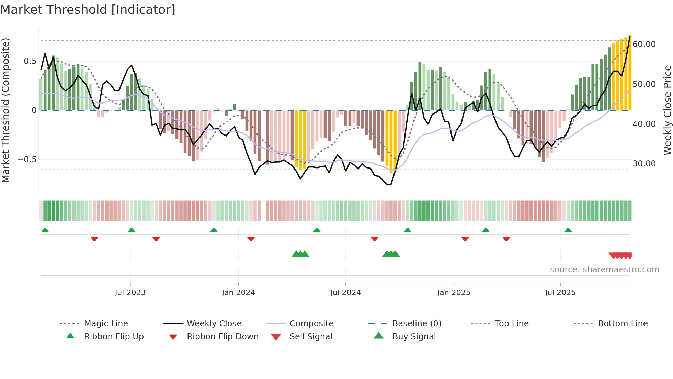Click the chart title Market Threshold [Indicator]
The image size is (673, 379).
tap(88, 10)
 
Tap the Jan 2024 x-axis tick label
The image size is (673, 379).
tap(238, 293)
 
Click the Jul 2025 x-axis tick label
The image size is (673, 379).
tap(560, 293)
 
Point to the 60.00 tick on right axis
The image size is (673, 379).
tap(644, 44)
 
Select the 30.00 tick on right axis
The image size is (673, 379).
tap(644, 164)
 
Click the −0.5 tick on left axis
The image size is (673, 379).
tap(27, 160)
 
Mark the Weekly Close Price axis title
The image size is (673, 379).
tap(667, 110)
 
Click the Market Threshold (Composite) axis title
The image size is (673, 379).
tap(5, 110)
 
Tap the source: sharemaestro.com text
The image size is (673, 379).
tap(604, 270)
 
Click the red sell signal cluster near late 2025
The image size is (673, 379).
tap(620, 256)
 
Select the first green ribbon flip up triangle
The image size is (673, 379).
tap(45, 230)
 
